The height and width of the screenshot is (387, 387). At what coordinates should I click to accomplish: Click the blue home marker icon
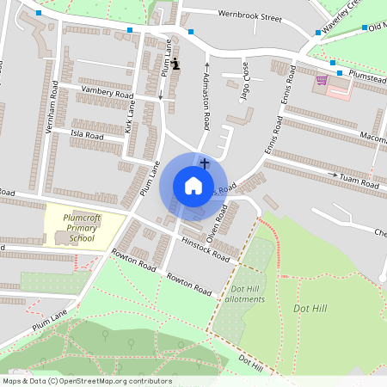pyautogui.click(x=193, y=186)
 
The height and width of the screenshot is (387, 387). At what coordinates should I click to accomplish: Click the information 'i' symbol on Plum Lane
pyautogui.click(x=175, y=64)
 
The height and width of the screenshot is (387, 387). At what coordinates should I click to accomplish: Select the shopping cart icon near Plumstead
pyautogui.click(x=322, y=80)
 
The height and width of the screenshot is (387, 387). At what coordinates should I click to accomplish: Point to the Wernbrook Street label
pyautogui.click(x=249, y=16)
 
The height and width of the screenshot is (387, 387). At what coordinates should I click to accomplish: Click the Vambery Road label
pyautogui.click(x=107, y=92)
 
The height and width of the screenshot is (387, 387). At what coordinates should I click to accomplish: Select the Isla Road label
pyautogui.click(x=87, y=136)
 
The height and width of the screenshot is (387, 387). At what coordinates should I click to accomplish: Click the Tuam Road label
pyautogui.click(x=359, y=182)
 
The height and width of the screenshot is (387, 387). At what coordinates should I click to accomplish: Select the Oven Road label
pyautogui.click(x=217, y=223)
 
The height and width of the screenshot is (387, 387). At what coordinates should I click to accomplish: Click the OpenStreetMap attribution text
pyautogui.click(x=87, y=381)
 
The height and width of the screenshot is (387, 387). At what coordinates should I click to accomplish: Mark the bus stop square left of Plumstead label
pyautogui.click(x=340, y=72)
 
